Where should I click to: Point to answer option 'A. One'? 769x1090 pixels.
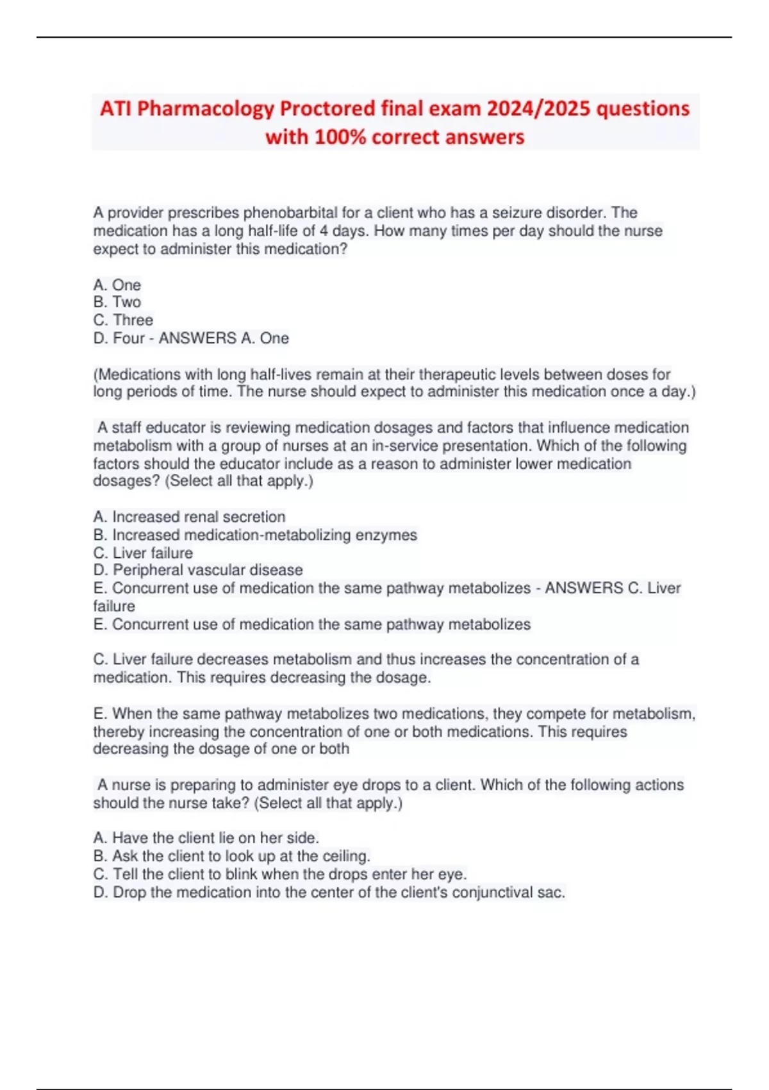pos(117,285)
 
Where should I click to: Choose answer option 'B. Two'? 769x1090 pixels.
pos(117,302)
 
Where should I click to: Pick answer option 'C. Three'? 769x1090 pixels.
pos(123,320)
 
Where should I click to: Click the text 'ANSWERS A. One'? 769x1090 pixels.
pos(224,338)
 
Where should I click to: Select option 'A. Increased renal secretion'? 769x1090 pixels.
pos(190,517)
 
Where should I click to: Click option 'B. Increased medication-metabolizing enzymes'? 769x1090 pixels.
pos(255,535)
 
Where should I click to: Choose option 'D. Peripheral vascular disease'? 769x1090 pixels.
pos(198,570)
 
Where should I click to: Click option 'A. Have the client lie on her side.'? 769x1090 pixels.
pos(206,838)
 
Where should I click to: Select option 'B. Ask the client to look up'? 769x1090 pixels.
pos(232,856)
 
